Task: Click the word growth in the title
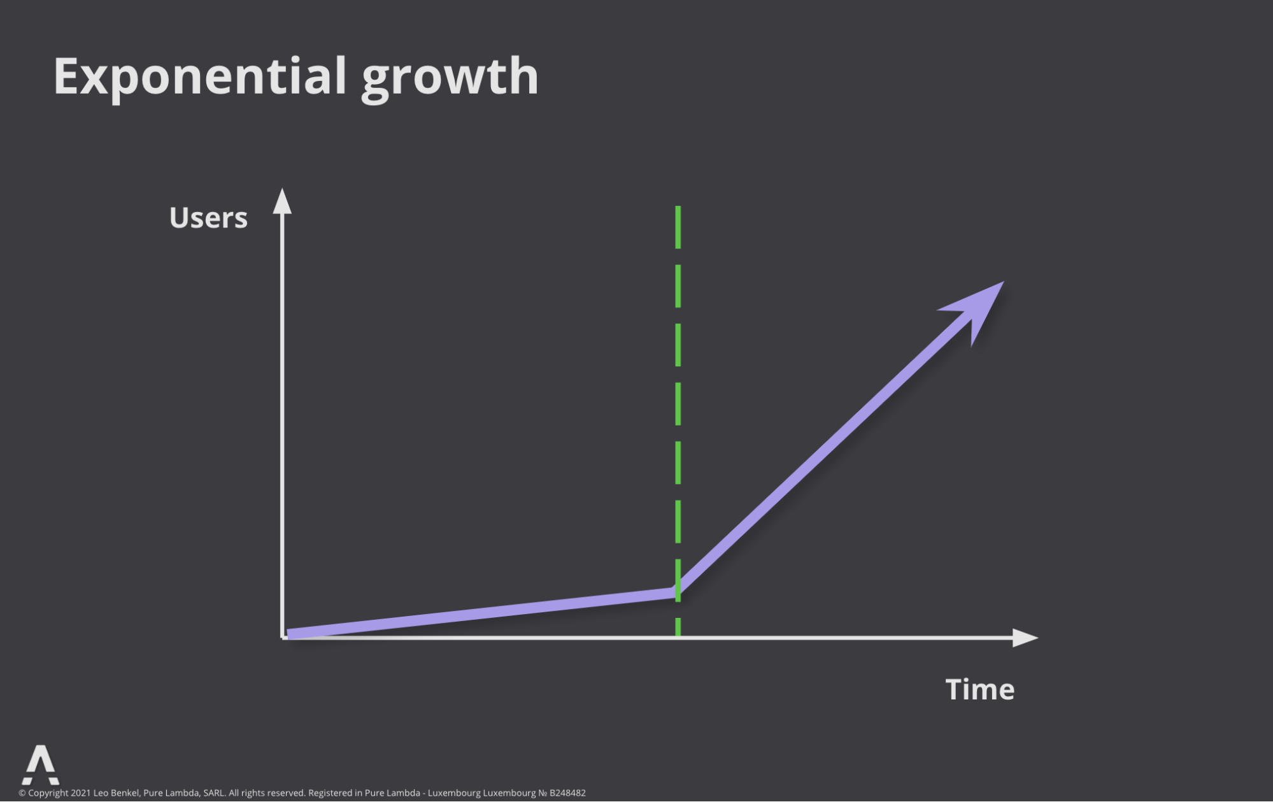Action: pos(450,78)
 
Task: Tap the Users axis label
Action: pos(208,218)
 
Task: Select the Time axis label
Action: pos(980,689)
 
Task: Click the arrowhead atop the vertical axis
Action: pos(282,201)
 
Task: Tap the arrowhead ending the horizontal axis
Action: pos(1025,638)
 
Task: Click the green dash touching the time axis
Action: pos(678,627)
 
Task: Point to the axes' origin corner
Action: pos(283,637)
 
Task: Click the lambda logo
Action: pos(41,765)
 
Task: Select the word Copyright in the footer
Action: pos(48,793)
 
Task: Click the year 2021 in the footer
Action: pos(81,793)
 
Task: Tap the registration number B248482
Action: pos(567,793)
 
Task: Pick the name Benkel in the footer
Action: pos(125,793)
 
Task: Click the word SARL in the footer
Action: pos(214,793)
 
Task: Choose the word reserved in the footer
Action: pos(286,793)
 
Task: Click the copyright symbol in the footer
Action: pos(22,793)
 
